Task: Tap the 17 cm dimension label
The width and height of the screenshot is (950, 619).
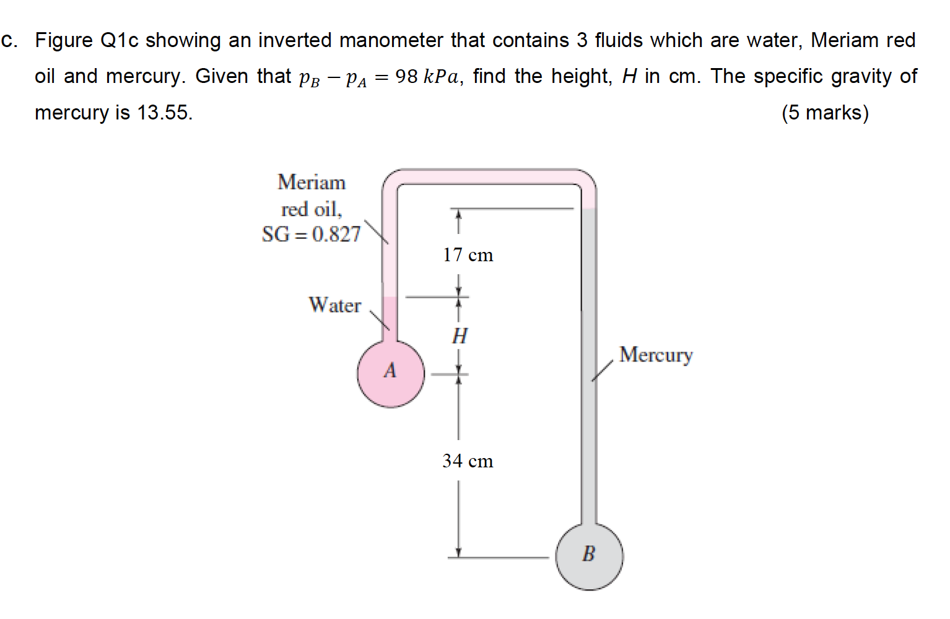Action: point(468,255)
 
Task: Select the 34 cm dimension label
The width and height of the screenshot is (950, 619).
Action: point(468,461)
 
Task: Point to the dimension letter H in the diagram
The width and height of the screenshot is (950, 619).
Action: point(460,336)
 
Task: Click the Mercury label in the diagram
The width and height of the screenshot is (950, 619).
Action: point(656,355)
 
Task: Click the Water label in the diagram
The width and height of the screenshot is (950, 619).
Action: point(334,305)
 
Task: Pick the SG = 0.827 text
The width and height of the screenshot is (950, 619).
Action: point(311,234)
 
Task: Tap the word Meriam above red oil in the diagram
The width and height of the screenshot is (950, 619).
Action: point(312,183)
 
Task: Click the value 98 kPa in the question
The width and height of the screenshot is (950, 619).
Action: point(427,77)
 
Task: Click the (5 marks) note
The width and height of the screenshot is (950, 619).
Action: point(825,113)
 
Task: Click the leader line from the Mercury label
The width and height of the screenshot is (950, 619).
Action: point(601,371)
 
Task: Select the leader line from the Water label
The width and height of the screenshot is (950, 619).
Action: point(380,320)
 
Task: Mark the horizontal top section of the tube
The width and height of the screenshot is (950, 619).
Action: point(489,176)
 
